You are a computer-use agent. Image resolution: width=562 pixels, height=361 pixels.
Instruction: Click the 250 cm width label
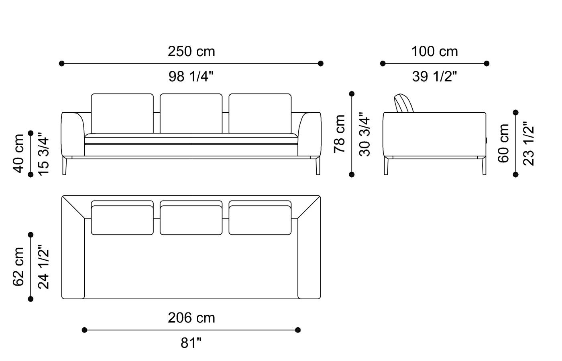click(x=191, y=52)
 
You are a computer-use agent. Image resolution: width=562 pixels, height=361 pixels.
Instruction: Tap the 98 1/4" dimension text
click(x=191, y=76)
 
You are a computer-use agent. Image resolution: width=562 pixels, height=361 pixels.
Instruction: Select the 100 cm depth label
click(x=434, y=52)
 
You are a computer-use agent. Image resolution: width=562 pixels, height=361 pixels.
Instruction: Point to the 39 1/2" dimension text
click(x=434, y=76)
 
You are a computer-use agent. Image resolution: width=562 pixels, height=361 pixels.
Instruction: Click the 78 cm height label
click(x=340, y=134)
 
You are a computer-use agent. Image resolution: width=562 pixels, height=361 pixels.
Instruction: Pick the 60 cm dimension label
click(x=503, y=143)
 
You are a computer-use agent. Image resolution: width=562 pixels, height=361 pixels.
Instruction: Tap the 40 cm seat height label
click(x=19, y=154)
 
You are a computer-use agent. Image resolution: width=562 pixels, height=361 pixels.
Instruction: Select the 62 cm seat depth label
click(x=19, y=267)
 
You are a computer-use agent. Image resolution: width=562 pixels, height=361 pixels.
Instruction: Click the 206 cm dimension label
click(x=191, y=318)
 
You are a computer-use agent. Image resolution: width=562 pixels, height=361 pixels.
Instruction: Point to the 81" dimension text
click(x=191, y=343)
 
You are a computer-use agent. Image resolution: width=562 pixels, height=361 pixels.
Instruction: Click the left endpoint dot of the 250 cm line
click(x=61, y=63)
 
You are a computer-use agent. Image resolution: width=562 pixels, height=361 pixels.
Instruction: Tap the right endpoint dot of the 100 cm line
click(x=487, y=63)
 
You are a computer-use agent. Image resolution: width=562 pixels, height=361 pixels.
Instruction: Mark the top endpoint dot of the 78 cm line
click(x=352, y=94)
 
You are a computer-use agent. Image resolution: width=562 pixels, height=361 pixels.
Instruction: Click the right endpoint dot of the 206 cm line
click(x=297, y=330)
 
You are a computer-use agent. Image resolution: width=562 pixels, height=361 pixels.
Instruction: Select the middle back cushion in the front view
click(x=191, y=114)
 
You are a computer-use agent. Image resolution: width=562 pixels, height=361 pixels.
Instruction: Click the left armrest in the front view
click(x=72, y=134)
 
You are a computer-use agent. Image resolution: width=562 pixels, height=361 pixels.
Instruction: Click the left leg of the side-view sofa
click(x=386, y=166)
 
